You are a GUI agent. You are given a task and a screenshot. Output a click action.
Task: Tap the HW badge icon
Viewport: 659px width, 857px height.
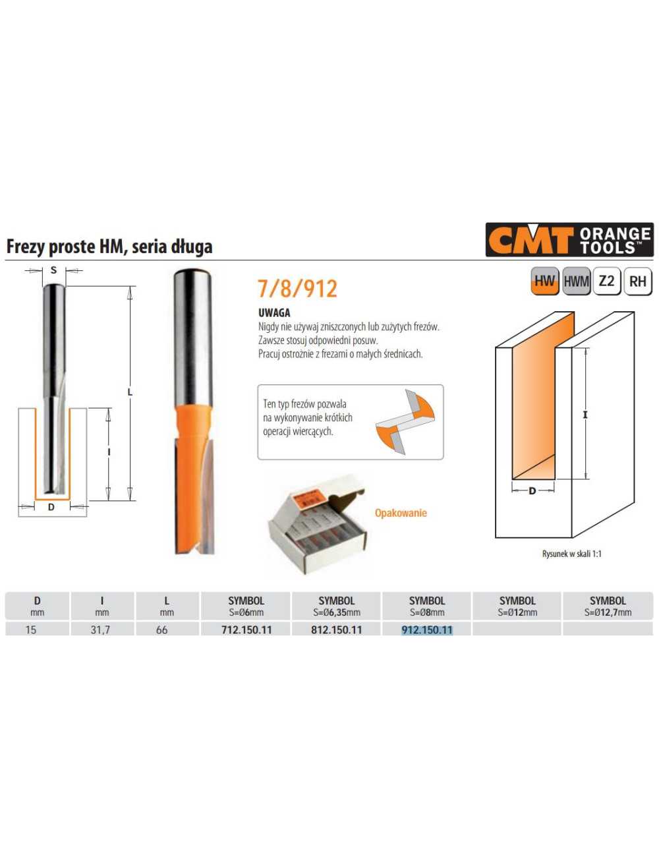click(544, 281)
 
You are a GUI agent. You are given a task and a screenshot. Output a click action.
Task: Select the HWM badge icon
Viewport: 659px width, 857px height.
click(576, 281)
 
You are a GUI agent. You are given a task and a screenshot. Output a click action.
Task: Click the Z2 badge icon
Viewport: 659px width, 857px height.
click(606, 281)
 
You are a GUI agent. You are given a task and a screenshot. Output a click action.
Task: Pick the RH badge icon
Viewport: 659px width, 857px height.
click(637, 281)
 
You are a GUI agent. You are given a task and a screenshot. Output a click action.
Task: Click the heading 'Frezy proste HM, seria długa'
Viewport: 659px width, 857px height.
click(109, 247)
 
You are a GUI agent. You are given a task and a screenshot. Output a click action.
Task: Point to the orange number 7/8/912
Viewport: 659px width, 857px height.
click(297, 289)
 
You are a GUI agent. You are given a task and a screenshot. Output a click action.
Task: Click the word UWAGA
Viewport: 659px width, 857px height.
click(274, 313)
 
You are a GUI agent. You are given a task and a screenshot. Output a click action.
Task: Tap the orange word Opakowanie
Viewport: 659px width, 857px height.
click(401, 513)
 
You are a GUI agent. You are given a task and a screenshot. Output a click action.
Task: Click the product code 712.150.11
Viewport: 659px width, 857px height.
click(246, 630)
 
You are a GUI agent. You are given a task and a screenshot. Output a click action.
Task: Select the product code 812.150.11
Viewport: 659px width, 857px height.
click(337, 630)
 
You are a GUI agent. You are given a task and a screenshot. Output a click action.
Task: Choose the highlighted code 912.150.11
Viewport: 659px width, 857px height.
click(427, 630)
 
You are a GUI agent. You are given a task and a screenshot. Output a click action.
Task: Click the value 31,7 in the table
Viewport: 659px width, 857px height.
click(100, 630)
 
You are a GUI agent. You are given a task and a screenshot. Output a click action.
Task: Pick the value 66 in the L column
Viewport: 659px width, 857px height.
click(161, 630)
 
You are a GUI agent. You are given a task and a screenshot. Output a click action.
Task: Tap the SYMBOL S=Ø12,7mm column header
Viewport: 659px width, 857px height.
click(608, 606)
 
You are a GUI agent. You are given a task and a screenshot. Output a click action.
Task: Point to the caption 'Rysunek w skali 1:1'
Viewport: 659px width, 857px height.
click(571, 554)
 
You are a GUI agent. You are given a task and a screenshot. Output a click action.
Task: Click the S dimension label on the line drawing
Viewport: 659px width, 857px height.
click(53, 270)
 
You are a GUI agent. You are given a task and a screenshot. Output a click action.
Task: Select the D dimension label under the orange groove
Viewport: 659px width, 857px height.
click(532, 490)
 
